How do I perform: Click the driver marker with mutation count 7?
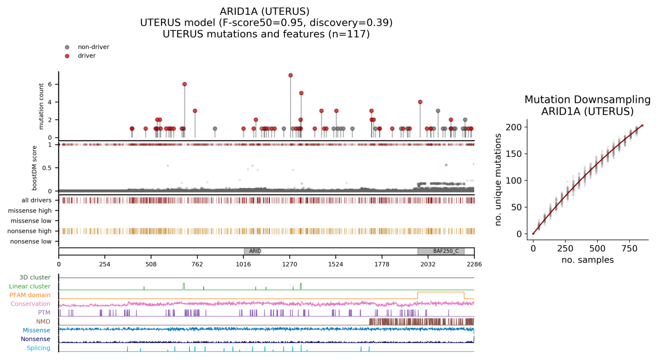tap(291, 75)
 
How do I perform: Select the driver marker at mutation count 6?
tap(184, 84)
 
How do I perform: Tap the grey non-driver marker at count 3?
tap(438, 111)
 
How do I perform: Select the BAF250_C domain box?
tap(441, 251)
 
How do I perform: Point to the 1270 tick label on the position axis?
tap(289, 264)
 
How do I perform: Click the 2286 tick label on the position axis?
tap(474, 264)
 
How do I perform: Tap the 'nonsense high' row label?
tap(29, 231)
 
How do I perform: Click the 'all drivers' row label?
tap(36, 200)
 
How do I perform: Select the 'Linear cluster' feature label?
tap(30, 286)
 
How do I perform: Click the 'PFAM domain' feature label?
tap(30, 295)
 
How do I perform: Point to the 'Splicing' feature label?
tap(39, 348)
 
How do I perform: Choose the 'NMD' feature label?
tap(43, 321)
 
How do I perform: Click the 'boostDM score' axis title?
tap(35, 167)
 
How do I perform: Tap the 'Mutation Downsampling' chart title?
tap(587, 100)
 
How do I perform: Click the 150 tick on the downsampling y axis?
tap(515, 154)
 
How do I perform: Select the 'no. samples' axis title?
tap(587, 260)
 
